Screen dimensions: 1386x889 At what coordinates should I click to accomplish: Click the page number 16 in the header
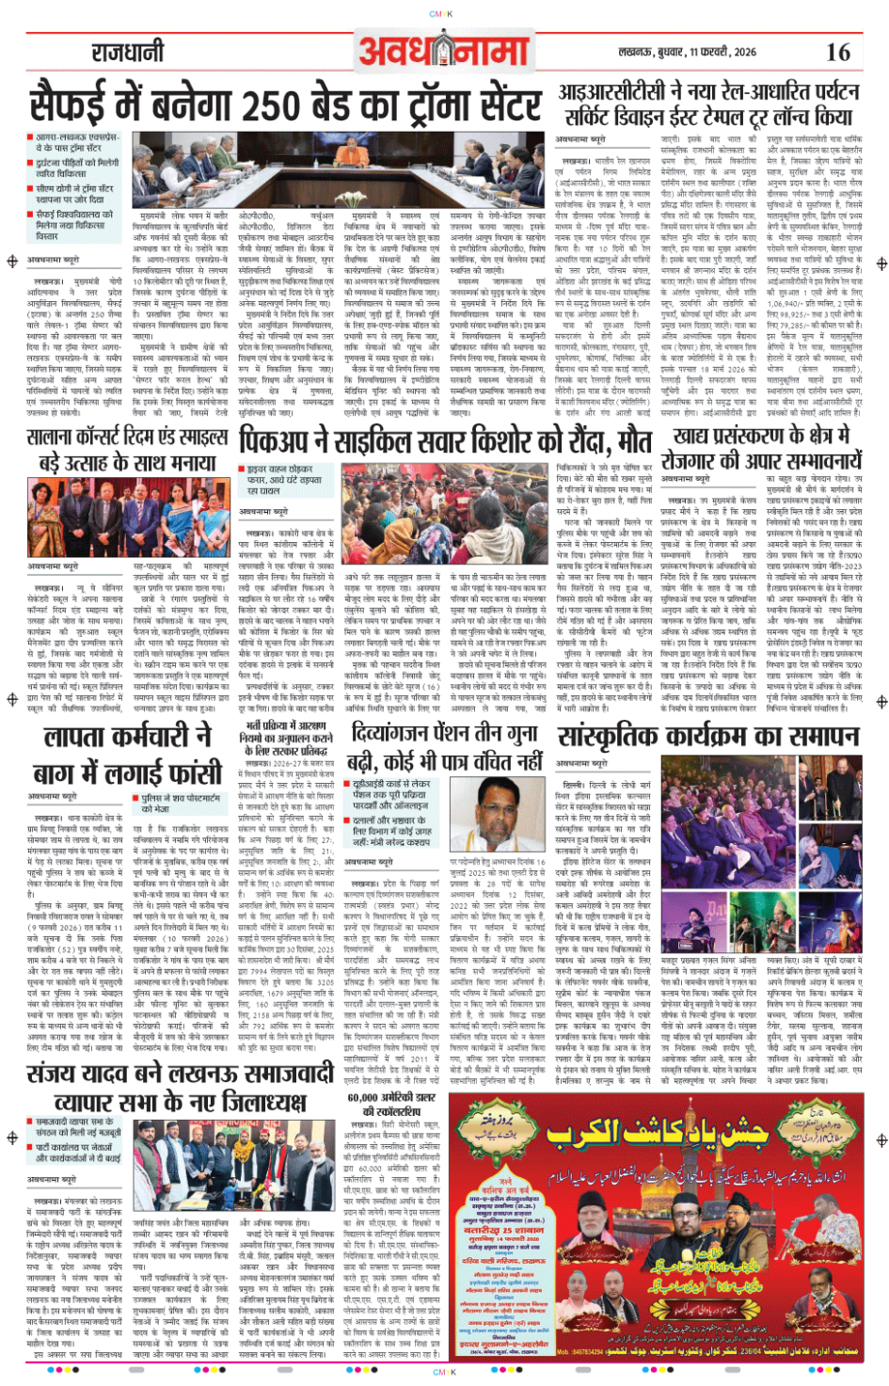(837, 52)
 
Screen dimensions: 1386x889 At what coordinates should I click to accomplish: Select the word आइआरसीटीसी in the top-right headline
(612, 92)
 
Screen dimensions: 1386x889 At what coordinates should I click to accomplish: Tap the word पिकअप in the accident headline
(280, 441)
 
